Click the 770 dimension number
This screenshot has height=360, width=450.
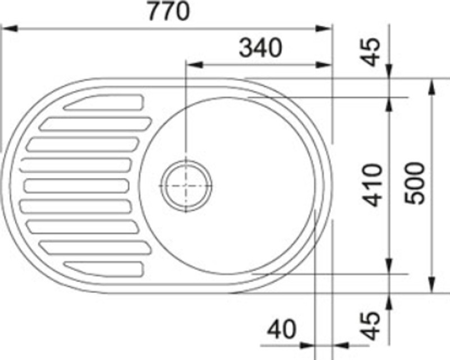pyautogui.click(x=168, y=12)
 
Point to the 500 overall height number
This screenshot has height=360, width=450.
pyautogui.click(x=416, y=183)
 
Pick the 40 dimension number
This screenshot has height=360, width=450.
pyautogui.click(x=281, y=329)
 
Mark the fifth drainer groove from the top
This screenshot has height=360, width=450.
pyautogui.click(x=75, y=185)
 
